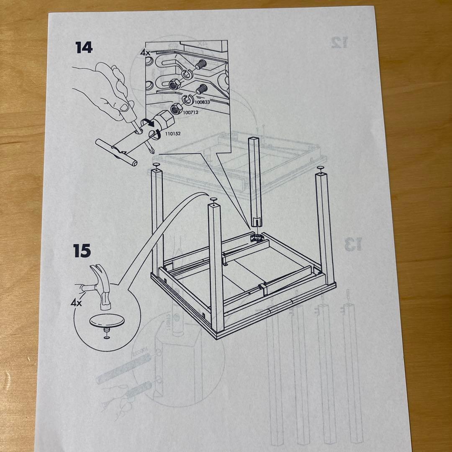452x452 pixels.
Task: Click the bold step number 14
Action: [84, 47]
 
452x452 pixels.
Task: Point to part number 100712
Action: [191, 113]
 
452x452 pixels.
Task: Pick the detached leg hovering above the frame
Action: [255, 180]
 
